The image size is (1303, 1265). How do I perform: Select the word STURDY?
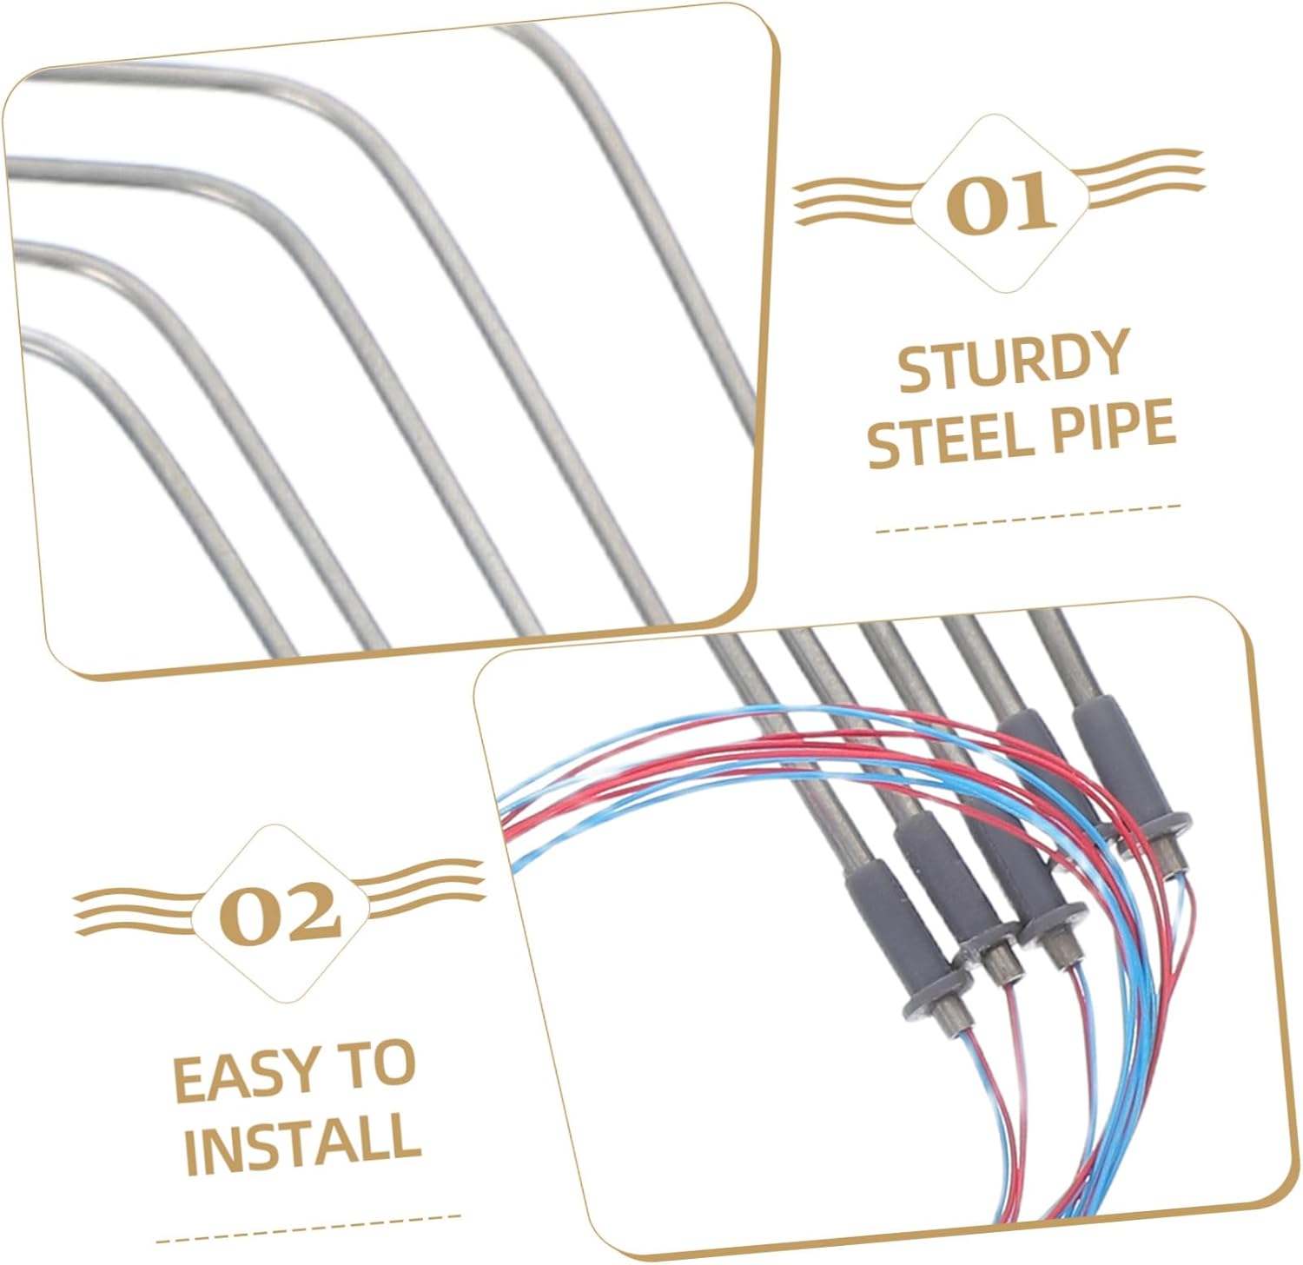1013,360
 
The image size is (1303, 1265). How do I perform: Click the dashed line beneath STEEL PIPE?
1029,518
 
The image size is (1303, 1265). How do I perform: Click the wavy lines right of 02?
421,888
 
